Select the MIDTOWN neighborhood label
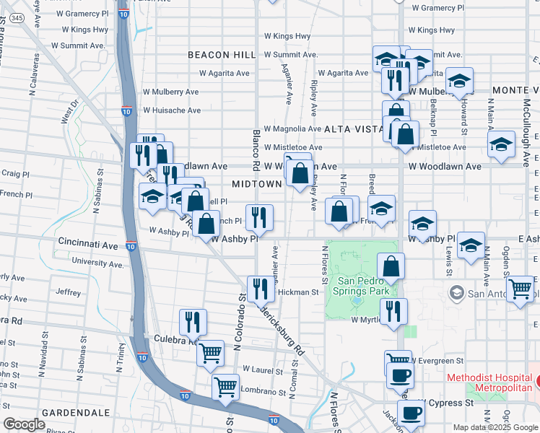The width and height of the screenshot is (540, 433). pyautogui.click(x=256, y=184)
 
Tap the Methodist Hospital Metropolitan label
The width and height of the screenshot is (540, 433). pyautogui.click(x=489, y=383)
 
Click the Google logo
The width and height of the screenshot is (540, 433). pyautogui.click(x=24, y=424)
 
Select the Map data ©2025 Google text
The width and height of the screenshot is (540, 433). pyautogui.click(x=495, y=427)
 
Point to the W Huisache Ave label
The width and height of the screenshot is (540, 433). pyautogui.click(x=172, y=110)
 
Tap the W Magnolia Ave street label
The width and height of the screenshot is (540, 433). pyautogui.click(x=292, y=128)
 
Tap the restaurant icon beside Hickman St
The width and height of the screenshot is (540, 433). pyautogui.click(x=260, y=289)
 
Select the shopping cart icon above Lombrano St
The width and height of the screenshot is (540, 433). pyautogui.click(x=226, y=388)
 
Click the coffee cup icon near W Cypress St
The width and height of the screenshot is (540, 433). pyautogui.click(x=411, y=413)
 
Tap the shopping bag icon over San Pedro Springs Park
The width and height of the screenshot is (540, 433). pyautogui.click(x=391, y=266)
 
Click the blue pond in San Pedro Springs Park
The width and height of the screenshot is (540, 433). pyautogui.click(x=357, y=299)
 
